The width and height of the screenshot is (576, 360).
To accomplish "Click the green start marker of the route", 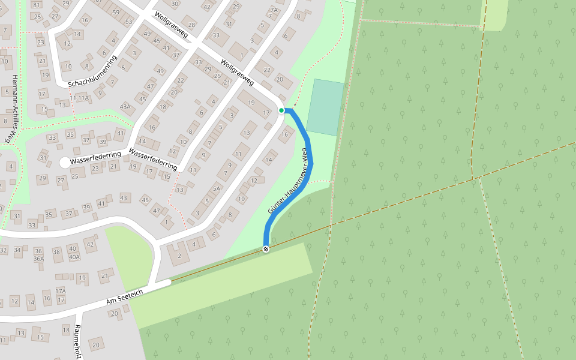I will (x=281, y=110).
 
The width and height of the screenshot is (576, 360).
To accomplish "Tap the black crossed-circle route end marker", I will (x=266, y=248).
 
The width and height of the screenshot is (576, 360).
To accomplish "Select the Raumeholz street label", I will (x=77, y=342).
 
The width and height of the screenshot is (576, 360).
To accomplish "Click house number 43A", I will (x=125, y=107).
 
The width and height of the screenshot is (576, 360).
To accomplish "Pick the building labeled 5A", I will (x=217, y=188).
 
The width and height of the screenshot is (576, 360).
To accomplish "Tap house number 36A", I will (x=38, y=259).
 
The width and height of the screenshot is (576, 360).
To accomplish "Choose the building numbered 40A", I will (x=74, y=257).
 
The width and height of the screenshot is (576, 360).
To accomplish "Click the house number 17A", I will (x=61, y=291).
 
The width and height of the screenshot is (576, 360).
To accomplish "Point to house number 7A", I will (x=274, y=10).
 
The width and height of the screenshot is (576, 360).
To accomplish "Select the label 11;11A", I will (x=79, y=97).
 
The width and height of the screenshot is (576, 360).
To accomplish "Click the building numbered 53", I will (x=128, y=22).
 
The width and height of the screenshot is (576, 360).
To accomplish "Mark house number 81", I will (x=36, y=5).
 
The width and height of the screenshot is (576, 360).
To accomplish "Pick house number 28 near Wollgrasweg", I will (x=191, y=25).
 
